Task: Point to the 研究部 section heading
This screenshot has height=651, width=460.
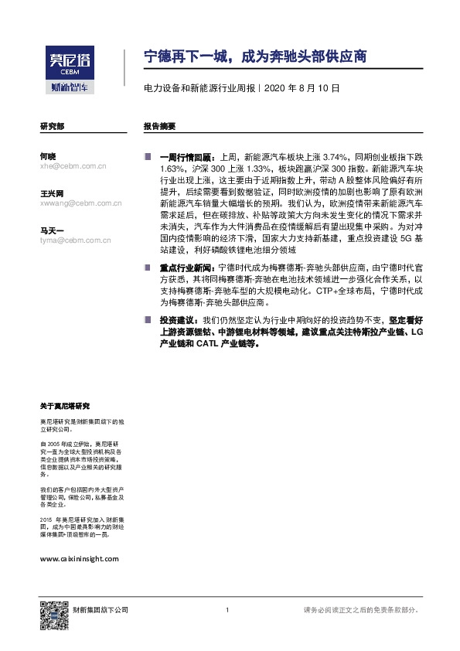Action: click(52, 125)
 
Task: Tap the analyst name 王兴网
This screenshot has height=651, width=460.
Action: click(52, 193)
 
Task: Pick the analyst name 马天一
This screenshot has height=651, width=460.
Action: click(52, 230)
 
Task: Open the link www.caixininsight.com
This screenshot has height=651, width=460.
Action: click(78, 557)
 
